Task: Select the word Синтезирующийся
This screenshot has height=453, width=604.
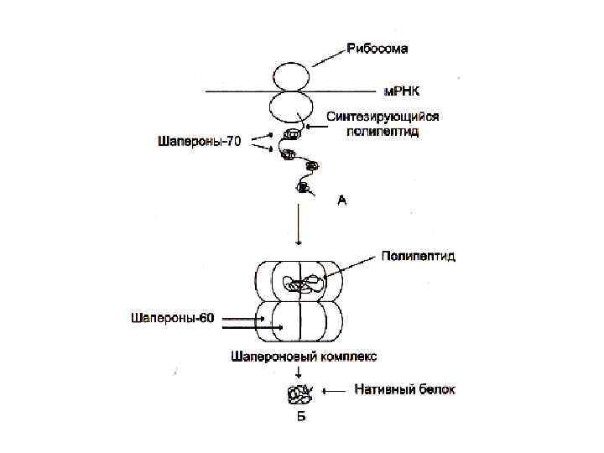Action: pyautogui.click(x=381, y=117)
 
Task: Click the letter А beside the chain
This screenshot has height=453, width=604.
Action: pyautogui.click(x=341, y=201)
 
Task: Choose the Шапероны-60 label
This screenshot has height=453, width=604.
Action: pyautogui.click(x=173, y=318)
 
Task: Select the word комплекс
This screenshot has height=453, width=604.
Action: pyautogui.click(x=345, y=356)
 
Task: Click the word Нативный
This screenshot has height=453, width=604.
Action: pyautogui.click(x=383, y=390)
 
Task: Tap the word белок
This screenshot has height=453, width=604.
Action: pyautogui.click(x=437, y=390)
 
